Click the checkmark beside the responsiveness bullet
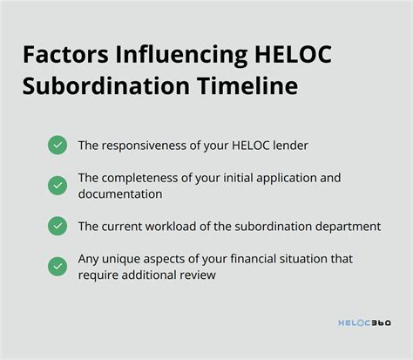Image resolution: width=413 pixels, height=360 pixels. [58, 146]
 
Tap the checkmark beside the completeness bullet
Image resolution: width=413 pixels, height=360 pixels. [58, 185]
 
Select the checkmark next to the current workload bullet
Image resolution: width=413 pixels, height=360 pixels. [58, 226]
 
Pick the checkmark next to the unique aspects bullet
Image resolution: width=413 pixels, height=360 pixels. [58, 266]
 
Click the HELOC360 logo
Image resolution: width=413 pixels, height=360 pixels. [364, 323]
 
